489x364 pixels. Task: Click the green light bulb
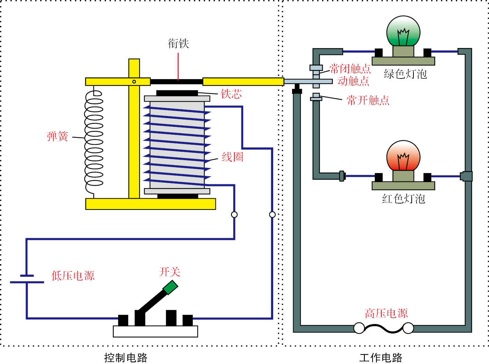(x=403, y=32)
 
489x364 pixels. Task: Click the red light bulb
(x=403, y=156)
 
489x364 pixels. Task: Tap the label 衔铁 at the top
(x=178, y=43)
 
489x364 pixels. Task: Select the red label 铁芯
(x=231, y=94)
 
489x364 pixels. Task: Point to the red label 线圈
(x=232, y=157)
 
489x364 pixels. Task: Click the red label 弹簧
(x=58, y=136)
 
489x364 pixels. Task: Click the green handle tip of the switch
(x=170, y=287)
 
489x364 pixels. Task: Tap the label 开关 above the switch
(x=170, y=272)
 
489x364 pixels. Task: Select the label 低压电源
(x=73, y=276)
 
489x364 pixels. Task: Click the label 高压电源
(x=386, y=313)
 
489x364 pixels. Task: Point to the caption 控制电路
(x=126, y=358)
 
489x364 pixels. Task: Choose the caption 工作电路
(x=381, y=358)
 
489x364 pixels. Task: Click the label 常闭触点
(x=350, y=69)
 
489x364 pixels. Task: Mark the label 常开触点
(x=368, y=101)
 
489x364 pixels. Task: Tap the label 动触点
(x=353, y=81)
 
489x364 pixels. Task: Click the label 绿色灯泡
(x=405, y=74)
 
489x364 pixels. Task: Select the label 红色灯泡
(x=404, y=199)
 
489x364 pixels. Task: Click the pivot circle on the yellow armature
(x=134, y=82)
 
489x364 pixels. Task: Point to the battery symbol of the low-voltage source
(x=27, y=279)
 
